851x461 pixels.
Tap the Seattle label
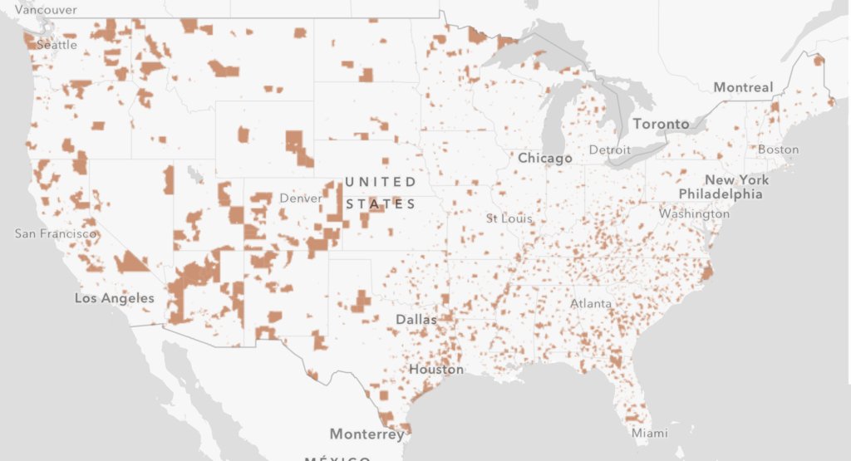(57, 45)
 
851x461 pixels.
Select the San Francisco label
(56, 234)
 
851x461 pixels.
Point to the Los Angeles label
(115, 298)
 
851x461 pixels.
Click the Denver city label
(300, 199)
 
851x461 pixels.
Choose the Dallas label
(416, 320)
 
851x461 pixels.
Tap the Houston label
(435, 369)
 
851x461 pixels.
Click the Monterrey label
(366, 434)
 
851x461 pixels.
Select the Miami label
(649, 433)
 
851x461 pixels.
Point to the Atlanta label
(591, 304)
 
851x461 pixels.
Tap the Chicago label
(544, 158)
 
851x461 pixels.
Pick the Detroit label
(604, 150)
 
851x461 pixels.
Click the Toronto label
(661, 124)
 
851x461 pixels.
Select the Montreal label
(742, 87)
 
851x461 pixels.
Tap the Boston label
(778, 150)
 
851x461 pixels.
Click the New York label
(736, 180)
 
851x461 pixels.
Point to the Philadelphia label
(720, 194)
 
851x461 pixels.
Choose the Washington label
(694, 213)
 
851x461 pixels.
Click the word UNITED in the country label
(381, 181)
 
